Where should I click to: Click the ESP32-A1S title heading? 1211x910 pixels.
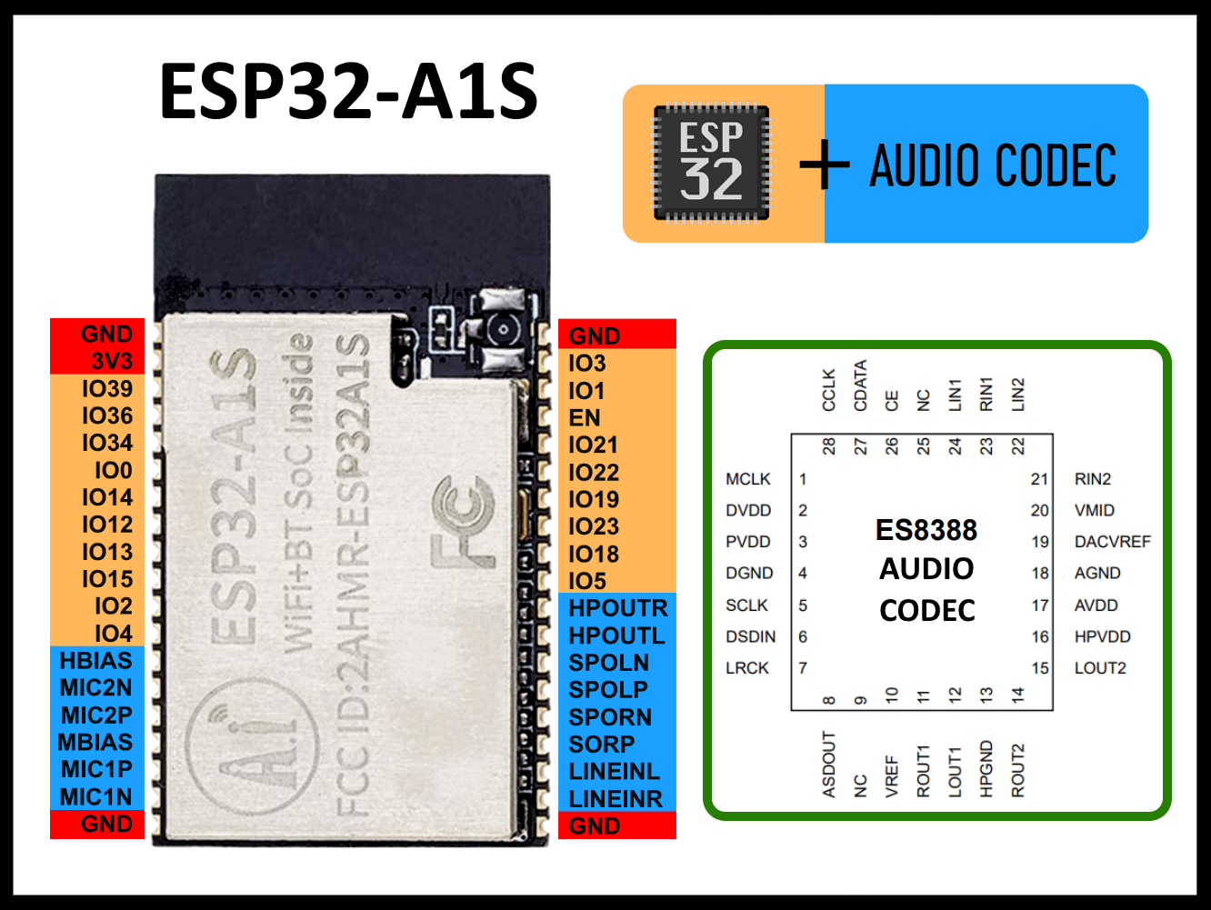[x=349, y=92]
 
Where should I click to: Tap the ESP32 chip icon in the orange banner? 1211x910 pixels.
[x=712, y=164]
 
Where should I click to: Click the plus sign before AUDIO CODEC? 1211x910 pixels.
[x=824, y=165]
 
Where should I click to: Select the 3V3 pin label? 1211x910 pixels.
[x=111, y=361]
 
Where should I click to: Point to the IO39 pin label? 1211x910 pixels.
[x=106, y=388]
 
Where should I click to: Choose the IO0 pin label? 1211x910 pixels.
[x=113, y=470]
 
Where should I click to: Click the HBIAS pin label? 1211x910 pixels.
[x=95, y=661]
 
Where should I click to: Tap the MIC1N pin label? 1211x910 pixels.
[x=95, y=797]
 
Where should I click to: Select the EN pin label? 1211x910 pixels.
[x=585, y=418]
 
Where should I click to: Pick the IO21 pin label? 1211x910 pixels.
[x=593, y=445]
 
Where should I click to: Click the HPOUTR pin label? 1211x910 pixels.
[x=618, y=608]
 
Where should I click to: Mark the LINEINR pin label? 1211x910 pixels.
[x=616, y=799]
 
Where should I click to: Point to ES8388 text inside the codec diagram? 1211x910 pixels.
[x=926, y=530]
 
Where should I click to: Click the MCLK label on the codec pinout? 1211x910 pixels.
[x=747, y=479]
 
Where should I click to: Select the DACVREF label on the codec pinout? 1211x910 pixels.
[x=1112, y=542]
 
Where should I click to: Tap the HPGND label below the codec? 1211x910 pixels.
[x=986, y=769]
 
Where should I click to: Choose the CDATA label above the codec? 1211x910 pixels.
[x=860, y=385]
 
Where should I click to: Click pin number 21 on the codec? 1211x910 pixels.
[x=1039, y=479]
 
